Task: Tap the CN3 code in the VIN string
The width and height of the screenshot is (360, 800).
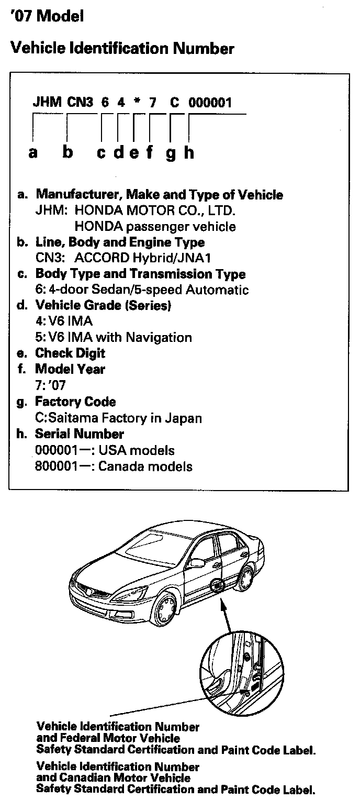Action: tap(80, 102)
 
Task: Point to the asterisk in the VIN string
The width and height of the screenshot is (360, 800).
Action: tap(136, 102)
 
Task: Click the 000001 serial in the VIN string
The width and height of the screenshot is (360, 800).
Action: tap(210, 102)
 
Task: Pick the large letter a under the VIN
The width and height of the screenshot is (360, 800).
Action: tap(33, 152)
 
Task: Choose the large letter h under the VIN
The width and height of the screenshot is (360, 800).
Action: tap(189, 152)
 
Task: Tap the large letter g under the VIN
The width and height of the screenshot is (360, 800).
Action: tap(171, 153)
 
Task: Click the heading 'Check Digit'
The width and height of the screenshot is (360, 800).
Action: tap(70, 353)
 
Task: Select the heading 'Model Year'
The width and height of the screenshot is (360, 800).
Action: tap(70, 369)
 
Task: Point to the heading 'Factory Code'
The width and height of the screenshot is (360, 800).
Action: tap(75, 402)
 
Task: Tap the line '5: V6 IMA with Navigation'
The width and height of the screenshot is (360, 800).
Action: tap(113, 337)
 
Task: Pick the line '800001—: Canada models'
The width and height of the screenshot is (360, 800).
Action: tap(113, 466)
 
